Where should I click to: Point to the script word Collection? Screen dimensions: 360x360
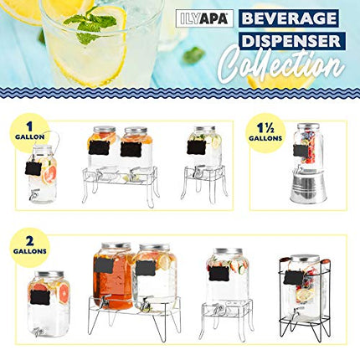pos(280,67)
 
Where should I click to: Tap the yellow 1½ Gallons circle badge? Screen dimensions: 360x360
pos(265,132)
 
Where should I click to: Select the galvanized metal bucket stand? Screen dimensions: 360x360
pos(307,185)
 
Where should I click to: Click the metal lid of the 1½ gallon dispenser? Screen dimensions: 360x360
pos(308,127)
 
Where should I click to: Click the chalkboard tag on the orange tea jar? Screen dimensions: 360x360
pos(104,265)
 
